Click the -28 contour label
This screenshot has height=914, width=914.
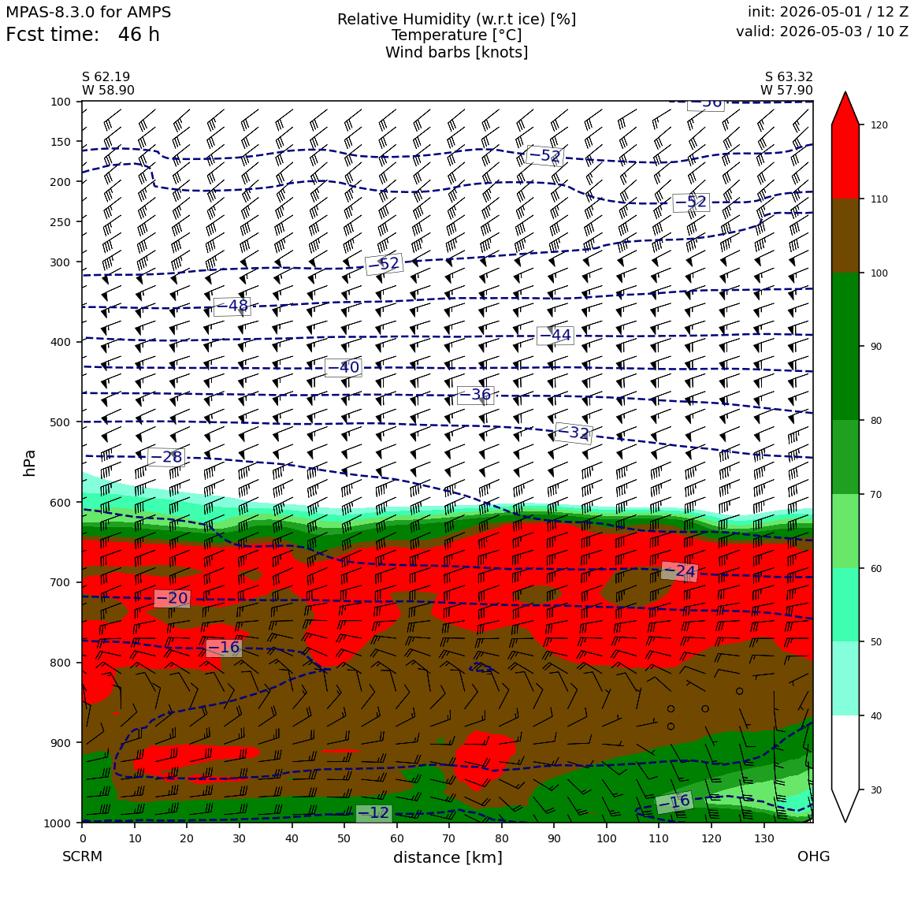pos(166,457)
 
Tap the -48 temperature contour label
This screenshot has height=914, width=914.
pos(232,306)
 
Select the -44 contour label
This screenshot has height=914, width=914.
pos(555,335)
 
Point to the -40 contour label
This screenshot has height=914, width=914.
pos(343,367)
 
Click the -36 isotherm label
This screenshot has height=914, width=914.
pos(476,396)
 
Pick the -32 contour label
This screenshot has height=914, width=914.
pos(573,433)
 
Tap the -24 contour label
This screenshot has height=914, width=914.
pos(679,571)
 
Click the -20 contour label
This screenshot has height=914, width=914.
pos(172,598)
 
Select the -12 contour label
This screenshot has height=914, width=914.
pos(373,812)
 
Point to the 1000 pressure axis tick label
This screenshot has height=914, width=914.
pos(57,823)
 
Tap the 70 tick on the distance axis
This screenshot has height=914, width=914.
pos(449,839)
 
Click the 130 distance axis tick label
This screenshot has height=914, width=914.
pos(764,839)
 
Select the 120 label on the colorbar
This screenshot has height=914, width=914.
pos(879,125)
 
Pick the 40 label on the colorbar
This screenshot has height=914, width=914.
pos(876,716)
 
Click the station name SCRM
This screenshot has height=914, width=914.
pos(82,856)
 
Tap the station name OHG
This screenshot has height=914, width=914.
pos(813,856)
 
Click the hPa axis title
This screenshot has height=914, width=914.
pos(29,463)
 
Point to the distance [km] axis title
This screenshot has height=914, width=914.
pos(448,857)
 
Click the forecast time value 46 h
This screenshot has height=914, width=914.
pos(139,35)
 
